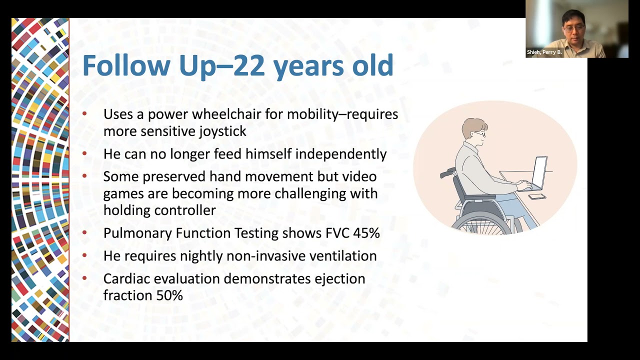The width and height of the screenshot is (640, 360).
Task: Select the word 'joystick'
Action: [x=220, y=131]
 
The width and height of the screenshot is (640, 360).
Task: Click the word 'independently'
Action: [x=340, y=153]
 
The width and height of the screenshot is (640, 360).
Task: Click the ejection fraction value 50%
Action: [x=169, y=295]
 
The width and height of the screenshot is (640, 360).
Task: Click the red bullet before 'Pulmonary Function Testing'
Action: [x=84, y=232]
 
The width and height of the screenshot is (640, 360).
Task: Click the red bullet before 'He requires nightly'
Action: [x=84, y=255]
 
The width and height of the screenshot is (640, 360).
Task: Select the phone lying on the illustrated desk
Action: [x=537, y=196]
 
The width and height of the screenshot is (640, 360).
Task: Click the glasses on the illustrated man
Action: [x=479, y=133]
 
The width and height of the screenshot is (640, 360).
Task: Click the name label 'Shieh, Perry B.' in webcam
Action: [x=544, y=52]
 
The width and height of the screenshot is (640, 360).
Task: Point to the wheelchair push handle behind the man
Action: [x=446, y=173]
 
